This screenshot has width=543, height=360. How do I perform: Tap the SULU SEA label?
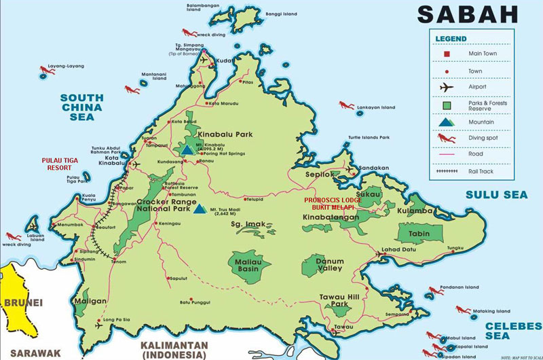pos(495,195)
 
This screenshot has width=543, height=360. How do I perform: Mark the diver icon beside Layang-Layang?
pos(46,70)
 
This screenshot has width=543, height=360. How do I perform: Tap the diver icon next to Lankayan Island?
pos(346,105)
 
